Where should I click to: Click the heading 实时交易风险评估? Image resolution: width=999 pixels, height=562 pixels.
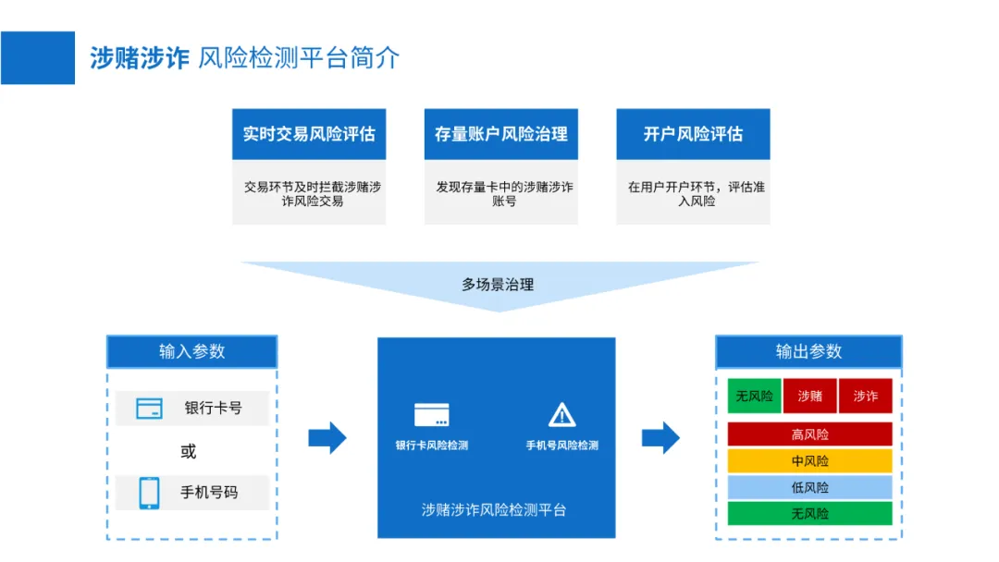pos(309,134)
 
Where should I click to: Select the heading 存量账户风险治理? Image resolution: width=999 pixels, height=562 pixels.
pos(500,134)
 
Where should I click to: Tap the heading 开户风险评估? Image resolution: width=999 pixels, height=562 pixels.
pos(693,134)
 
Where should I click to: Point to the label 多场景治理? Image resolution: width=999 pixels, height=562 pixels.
pos(498,285)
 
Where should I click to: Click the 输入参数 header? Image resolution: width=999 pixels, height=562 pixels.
pos(191,352)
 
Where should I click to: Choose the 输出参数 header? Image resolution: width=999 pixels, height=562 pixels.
pos(808,352)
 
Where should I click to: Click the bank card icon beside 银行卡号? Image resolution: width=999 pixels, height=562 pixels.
pos(149,408)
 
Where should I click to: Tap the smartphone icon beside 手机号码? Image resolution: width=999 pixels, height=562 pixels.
pos(149,492)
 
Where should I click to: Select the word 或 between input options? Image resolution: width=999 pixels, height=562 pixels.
pos(189,451)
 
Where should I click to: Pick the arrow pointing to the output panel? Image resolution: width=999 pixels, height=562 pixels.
pos(660,437)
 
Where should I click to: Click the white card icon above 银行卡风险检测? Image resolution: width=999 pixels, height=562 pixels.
pos(432,415)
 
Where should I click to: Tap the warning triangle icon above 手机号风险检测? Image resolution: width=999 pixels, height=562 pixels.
pos(561,415)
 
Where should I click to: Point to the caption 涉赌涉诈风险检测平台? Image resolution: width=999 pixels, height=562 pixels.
pos(494,510)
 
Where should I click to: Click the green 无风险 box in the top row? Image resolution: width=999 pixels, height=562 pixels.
pos(754,396)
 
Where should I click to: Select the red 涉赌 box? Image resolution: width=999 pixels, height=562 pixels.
pos(809,396)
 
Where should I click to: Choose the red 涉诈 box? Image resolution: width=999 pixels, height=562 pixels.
pos(866,396)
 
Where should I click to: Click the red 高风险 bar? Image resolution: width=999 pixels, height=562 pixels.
pos(809,434)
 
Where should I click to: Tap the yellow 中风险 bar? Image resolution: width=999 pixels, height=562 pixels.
pos(809,460)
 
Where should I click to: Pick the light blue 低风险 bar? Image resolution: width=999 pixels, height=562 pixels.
pos(809,487)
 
